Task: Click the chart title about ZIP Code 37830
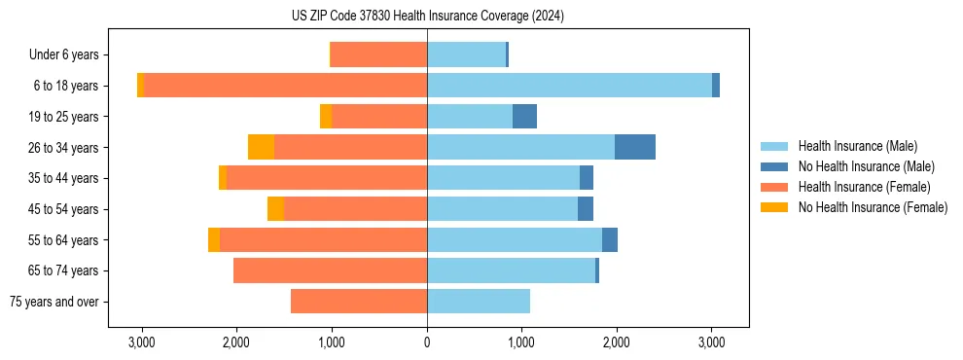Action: (427, 16)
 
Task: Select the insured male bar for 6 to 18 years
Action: (569, 86)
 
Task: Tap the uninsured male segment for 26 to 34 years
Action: (634, 147)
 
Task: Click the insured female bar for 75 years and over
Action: (359, 302)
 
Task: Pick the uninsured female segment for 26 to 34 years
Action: (261, 147)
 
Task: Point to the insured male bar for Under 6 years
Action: (466, 54)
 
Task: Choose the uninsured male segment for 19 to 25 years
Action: (524, 117)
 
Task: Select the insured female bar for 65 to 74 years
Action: (330, 270)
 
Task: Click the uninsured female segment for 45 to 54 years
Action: (275, 209)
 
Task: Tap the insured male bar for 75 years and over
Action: (479, 302)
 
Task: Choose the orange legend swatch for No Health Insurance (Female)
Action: (774, 207)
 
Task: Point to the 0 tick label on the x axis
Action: (427, 342)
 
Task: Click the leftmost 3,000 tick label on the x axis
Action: (142, 342)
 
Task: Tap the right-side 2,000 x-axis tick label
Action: (617, 342)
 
